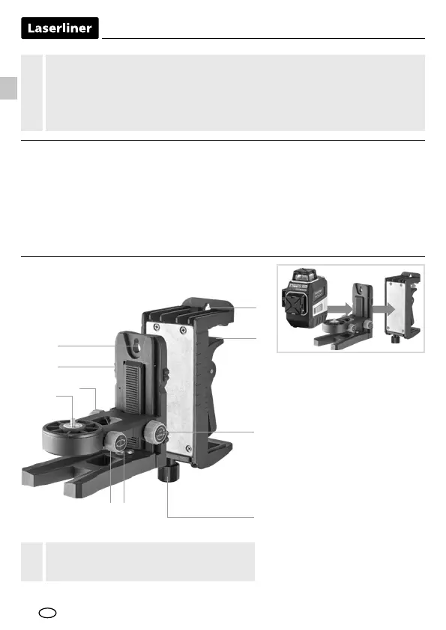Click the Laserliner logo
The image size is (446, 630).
point(60,28)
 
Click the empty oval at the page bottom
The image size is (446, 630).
point(47,613)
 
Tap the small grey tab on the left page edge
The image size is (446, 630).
point(8,88)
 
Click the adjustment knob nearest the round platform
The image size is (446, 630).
point(115,441)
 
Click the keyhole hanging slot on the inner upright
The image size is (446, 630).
point(136,346)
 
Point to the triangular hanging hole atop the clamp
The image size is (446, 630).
point(208,308)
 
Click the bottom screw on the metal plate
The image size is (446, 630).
point(187,447)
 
